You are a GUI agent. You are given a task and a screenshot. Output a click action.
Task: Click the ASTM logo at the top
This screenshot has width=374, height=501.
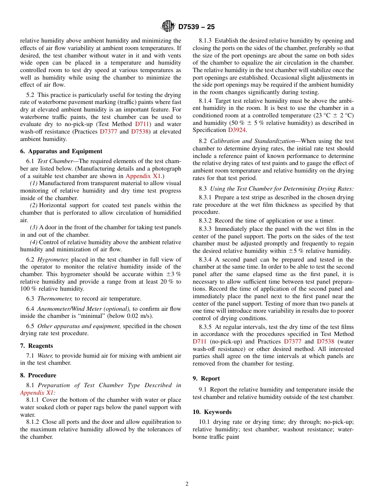(x=168, y=27)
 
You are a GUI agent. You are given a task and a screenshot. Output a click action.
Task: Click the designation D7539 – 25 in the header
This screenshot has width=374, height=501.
(x=196, y=27)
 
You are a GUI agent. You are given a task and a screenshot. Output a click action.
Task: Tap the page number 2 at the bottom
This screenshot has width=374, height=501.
(x=187, y=484)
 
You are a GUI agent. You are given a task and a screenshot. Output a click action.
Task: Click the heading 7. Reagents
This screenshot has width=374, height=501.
(x=36, y=346)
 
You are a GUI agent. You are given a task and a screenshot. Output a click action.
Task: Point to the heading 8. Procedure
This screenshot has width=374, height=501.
(x=38, y=375)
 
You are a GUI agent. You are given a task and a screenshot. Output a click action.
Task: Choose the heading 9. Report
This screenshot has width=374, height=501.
(x=206, y=379)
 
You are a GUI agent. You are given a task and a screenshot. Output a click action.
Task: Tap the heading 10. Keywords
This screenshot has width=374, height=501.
(x=212, y=412)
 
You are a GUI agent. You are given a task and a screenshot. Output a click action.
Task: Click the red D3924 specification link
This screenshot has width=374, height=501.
(x=237, y=130)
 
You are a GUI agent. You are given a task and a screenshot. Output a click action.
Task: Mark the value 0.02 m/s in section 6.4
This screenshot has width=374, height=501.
(x=143, y=316)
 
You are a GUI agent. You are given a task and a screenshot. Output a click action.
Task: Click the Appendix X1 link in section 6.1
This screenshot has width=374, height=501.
(x=143, y=176)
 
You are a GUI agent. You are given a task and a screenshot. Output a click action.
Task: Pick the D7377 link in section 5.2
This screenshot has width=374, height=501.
(x=108, y=132)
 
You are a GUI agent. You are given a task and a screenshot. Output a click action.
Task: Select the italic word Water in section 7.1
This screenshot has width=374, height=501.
(x=45, y=356)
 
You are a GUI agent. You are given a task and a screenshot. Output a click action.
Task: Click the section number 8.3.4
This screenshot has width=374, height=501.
(x=205, y=260)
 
